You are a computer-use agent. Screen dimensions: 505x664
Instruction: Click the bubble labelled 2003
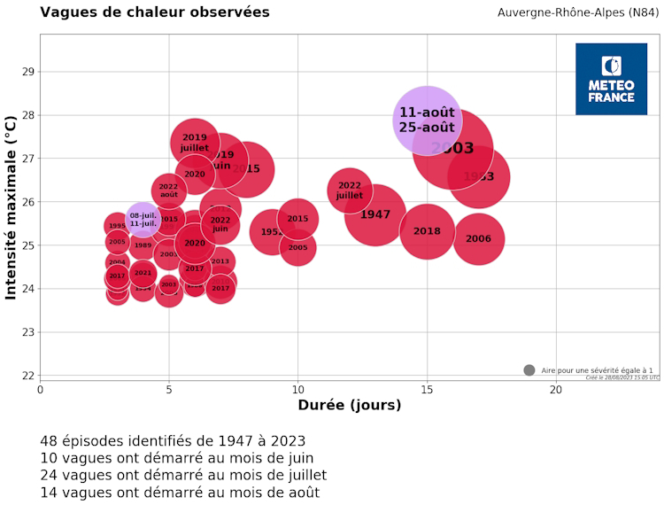pos(452,149)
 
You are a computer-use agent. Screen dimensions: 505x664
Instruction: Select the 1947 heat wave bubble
pos(375,214)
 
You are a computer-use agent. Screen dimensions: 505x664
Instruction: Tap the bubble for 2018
pos(427,231)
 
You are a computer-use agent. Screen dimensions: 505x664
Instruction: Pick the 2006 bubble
pos(478,239)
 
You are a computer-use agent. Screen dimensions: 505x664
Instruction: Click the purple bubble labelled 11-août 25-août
pos(427,120)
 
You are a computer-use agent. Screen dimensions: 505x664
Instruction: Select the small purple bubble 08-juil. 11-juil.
pos(143,220)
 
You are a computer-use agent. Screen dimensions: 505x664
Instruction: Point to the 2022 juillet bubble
pos(350,190)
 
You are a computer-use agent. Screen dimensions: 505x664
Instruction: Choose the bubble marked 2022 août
pos(168,191)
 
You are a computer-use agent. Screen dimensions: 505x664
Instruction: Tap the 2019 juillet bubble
pos(195,142)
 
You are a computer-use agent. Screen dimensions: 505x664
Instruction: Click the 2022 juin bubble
pos(220,224)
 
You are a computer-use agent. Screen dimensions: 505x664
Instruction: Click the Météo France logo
pos(611,79)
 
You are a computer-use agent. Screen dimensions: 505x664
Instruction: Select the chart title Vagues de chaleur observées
pos(155,12)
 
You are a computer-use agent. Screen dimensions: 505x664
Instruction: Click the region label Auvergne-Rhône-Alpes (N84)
pos(577,12)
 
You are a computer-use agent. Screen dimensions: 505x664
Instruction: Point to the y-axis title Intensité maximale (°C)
pos(12,206)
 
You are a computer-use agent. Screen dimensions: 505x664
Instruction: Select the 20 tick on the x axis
pos(556,390)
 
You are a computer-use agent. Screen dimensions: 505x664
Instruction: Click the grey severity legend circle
pos(529,370)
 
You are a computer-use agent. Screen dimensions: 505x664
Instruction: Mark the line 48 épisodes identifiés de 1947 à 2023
pos(173,440)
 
